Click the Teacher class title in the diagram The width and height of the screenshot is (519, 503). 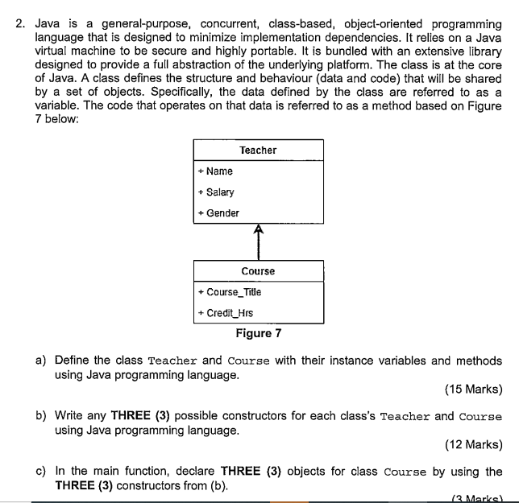click(258, 150)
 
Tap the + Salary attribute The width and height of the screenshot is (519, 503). click(215, 192)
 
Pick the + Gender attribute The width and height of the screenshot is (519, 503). click(218, 213)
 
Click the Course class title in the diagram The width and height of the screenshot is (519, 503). click(258, 271)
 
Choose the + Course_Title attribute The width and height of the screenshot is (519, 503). click(229, 292)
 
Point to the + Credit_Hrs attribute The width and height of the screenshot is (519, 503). click(225, 313)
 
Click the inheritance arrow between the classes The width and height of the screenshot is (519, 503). click(258, 241)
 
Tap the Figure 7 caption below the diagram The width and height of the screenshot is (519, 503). click(258, 333)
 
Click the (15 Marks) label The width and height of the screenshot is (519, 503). click(473, 390)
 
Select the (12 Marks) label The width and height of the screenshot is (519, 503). click(473, 444)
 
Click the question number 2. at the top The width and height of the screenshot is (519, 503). click(22, 24)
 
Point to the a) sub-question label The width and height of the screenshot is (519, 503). click(41, 361)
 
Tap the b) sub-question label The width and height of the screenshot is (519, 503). click(41, 416)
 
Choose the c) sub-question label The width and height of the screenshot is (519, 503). click(41, 472)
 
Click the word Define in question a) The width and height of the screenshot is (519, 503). click(73, 361)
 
